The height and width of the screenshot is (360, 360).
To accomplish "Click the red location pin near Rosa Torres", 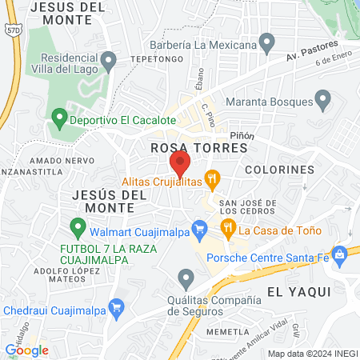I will (180, 165).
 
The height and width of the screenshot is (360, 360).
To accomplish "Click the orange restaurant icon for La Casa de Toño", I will (228, 228).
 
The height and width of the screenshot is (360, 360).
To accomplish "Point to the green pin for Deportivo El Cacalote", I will (58, 118).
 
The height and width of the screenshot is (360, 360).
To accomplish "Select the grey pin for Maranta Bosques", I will (323, 100).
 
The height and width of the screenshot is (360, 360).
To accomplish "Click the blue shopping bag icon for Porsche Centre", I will (341, 256).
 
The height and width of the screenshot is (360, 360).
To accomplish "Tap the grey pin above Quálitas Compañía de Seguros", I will (186, 279).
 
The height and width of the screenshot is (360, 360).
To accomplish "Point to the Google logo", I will (26, 350).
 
